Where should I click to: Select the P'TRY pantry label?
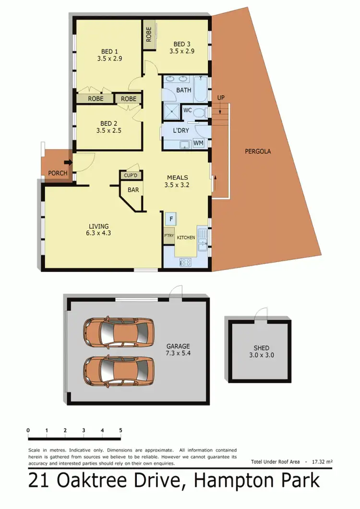(168, 235)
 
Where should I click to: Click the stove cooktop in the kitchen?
(185, 262)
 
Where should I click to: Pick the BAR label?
(133, 190)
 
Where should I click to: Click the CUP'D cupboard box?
(131, 175)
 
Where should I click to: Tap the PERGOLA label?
(258, 151)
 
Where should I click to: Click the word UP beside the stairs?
(221, 98)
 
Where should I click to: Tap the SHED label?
(261, 348)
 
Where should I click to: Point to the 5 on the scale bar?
(120, 430)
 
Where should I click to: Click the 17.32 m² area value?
(322, 461)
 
